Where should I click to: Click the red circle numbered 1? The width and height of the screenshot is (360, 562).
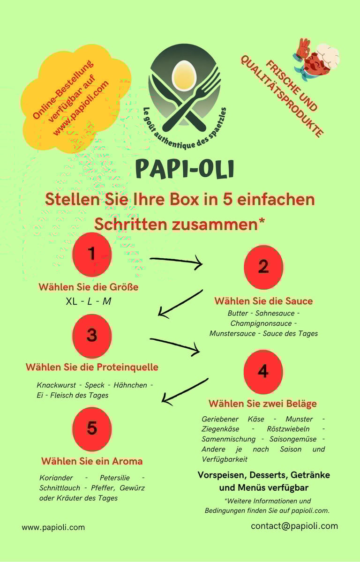click(x=92, y=255)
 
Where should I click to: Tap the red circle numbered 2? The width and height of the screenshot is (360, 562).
click(x=263, y=267)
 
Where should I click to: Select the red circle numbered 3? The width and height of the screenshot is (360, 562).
click(x=92, y=336)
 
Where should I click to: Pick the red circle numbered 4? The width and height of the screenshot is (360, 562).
click(x=263, y=372)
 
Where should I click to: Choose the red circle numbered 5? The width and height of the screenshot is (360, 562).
click(x=92, y=428)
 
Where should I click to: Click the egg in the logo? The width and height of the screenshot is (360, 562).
click(x=183, y=75)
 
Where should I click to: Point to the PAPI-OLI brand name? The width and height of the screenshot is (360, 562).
click(x=184, y=169)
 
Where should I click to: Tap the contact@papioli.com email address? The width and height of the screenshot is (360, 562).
click(x=294, y=525)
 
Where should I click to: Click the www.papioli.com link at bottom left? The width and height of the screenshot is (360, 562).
click(x=53, y=527)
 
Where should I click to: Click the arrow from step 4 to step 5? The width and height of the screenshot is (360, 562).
click(x=185, y=390)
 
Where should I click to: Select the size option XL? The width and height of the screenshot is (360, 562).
click(x=72, y=301)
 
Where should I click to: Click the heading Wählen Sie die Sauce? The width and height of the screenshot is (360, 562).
click(x=263, y=300)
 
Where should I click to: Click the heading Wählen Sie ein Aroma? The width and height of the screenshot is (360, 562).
click(x=92, y=461)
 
